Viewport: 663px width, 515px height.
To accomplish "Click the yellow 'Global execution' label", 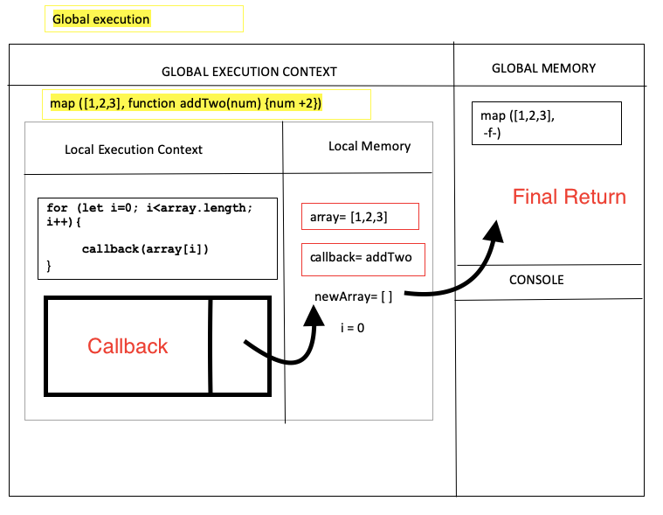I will click(x=101, y=19).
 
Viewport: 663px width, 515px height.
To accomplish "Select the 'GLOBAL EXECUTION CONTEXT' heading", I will click(x=249, y=72).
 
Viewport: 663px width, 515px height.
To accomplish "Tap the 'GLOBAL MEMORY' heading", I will click(x=543, y=68).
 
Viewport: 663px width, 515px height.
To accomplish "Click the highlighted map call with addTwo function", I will click(x=186, y=104).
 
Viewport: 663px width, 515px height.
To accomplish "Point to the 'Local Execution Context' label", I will click(x=134, y=150).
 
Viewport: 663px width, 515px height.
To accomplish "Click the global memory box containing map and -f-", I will click(x=546, y=123).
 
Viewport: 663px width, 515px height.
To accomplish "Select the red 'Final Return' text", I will click(x=569, y=197).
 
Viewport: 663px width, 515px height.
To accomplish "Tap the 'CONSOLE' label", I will click(x=536, y=280).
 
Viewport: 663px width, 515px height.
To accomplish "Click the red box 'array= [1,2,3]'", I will click(x=360, y=216).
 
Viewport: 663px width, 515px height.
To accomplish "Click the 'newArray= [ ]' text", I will click(x=353, y=297).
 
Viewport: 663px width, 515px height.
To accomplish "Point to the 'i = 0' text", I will click(x=352, y=328).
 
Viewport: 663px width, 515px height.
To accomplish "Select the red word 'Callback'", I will click(x=128, y=346).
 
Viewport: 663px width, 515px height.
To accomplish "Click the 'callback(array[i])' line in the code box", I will click(x=145, y=249).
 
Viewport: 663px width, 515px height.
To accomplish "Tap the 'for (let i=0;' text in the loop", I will click(x=96, y=207).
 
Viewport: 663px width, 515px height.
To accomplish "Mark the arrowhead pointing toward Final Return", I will click(x=494, y=231).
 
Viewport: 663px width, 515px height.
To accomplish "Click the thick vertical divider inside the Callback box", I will click(x=210, y=346).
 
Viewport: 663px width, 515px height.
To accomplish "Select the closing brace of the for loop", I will click(x=50, y=263).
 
